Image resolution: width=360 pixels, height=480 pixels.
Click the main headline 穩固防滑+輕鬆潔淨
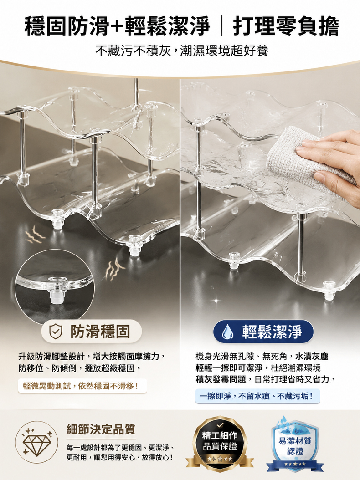pos(117,26)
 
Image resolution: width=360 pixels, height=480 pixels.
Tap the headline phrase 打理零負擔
pos(286,26)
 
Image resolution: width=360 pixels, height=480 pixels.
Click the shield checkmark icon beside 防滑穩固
pos(56,332)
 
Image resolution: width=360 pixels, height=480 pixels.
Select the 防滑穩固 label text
pos(100,332)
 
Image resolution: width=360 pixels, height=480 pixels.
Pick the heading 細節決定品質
pos(101,429)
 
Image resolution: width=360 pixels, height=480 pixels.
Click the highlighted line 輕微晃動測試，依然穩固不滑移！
pos(81,386)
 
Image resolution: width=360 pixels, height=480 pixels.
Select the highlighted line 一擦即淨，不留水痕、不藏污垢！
pos(256,396)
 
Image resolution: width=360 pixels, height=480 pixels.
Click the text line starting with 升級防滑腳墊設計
pos(92,356)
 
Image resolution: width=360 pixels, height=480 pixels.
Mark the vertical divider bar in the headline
pos(221,26)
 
